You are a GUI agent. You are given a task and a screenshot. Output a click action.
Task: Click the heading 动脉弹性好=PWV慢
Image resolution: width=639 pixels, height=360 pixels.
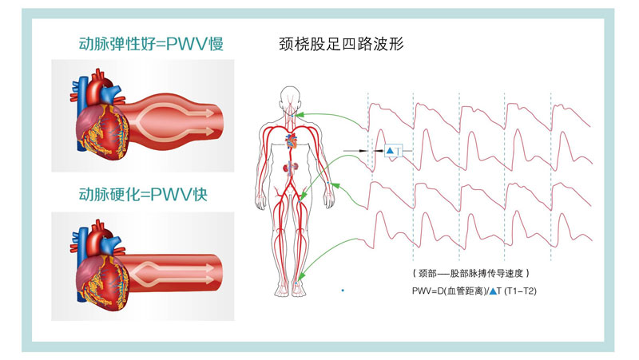click(150, 45)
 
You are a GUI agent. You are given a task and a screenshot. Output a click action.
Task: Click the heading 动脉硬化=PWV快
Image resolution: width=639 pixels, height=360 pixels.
click(143, 194)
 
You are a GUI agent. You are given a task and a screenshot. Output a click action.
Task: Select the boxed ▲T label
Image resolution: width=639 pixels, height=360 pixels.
click(392, 151)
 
